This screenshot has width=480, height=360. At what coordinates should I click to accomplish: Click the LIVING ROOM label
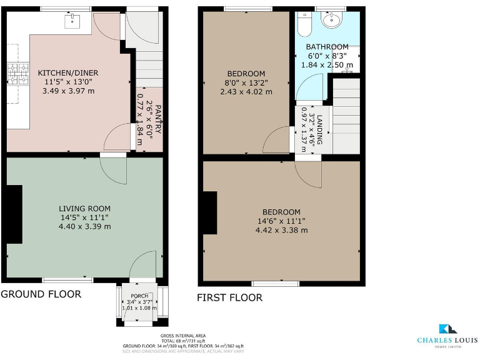(x=85, y=208)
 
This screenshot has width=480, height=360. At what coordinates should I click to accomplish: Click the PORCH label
(x=138, y=296)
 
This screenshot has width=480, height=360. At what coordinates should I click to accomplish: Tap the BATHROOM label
(x=327, y=47)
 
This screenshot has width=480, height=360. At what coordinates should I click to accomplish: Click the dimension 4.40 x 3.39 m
(x=85, y=226)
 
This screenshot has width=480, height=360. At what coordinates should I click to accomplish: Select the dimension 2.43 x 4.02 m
(x=246, y=91)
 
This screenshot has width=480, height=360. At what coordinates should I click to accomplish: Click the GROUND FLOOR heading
(x=41, y=294)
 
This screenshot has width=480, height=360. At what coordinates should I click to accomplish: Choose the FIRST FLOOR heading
(x=229, y=297)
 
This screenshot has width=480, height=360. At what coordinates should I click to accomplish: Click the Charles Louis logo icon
(x=448, y=329)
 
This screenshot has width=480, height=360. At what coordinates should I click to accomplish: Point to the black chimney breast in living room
(x=12, y=214)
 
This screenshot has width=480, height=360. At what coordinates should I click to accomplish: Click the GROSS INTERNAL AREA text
(x=183, y=336)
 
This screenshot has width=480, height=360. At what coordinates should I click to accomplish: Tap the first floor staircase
(x=346, y=116)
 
